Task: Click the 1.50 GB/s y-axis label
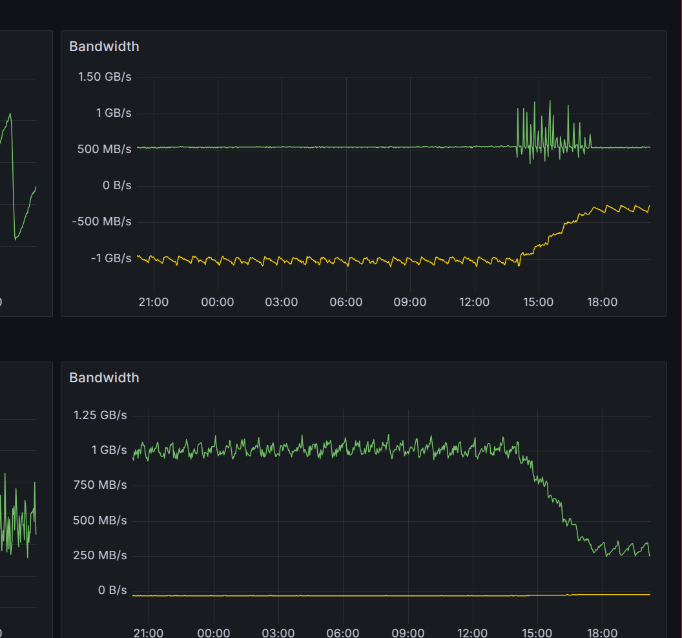[105, 77]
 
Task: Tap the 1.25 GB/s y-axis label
[101, 415]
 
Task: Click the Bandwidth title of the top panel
[104, 46]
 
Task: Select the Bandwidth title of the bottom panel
[104, 378]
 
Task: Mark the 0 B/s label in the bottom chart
[112, 590]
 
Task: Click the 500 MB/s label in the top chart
[105, 149]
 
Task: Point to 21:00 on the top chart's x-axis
[154, 302]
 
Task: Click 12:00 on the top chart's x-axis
[474, 302]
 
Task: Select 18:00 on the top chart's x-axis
[602, 302]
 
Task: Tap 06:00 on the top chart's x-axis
[346, 302]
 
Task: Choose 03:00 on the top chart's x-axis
[282, 302]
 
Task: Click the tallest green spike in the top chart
[550, 101]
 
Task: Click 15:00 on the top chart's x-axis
[538, 302]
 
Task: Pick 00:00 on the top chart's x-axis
[218, 302]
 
